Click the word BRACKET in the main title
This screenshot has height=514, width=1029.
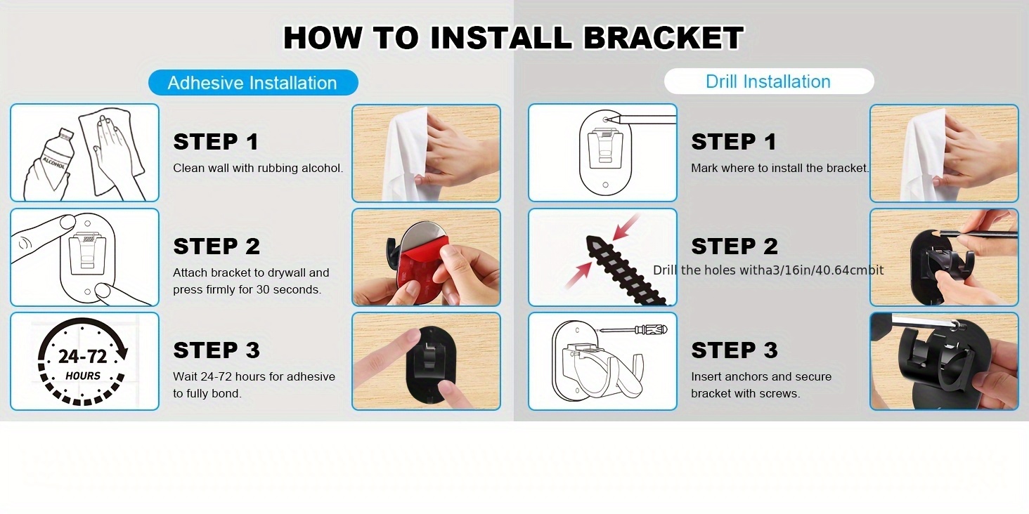(664, 38)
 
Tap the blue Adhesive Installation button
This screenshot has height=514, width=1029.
(253, 83)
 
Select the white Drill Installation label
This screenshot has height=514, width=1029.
(768, 81)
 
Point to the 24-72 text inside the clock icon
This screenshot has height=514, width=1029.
(83, 357)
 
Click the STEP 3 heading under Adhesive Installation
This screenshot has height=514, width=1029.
(216, 350)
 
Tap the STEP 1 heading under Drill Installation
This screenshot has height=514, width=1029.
(734, 141)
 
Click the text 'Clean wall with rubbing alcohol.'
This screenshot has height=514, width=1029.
(258, 168)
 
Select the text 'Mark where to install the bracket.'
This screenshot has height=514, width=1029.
(780, 168)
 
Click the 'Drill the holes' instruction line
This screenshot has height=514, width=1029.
(768, 270)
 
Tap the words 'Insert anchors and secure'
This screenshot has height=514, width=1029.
(761, 376)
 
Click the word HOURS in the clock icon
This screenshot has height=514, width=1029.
(83, 376)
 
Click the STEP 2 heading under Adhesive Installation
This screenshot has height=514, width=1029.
(216, 246)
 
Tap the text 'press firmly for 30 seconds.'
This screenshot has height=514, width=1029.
(247, 289)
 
